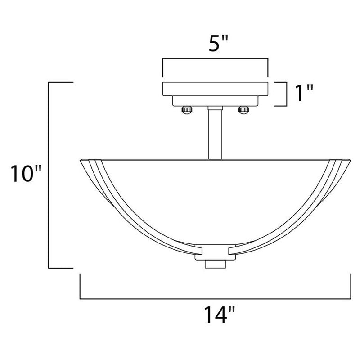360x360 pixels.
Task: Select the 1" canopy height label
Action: (302, 94)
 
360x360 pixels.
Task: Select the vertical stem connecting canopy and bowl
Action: (215, 133)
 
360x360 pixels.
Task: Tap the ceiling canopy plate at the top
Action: (215, 89)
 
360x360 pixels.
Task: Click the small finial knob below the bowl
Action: (215, 264)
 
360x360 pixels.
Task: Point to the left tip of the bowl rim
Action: (81, 160)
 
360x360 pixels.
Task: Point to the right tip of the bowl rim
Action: (350, 160)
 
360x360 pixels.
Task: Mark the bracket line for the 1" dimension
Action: (286, 94)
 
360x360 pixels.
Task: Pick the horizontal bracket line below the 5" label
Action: (215, 59)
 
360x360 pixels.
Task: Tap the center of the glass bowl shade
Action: (215, 198)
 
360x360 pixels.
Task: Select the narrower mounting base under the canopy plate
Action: (215, 101)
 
